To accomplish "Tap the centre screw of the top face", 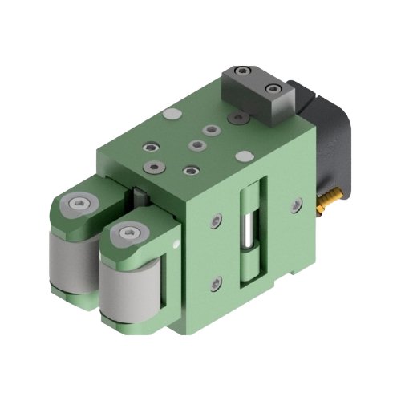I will [x=195, y=145].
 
